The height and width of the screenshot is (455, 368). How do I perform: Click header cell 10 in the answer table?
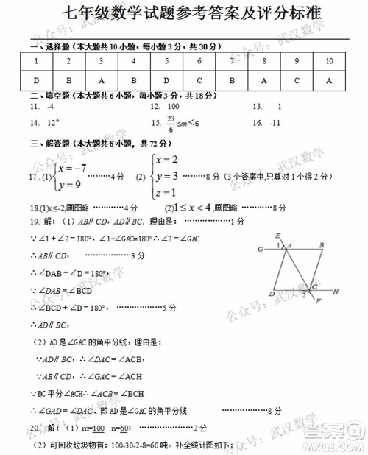[x=328, y=62]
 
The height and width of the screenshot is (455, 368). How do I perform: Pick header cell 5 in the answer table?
[x=166, y=62]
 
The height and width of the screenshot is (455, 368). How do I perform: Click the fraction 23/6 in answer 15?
[x=171, y=123]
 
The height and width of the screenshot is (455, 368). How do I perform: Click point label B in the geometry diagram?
[x=321, y=246]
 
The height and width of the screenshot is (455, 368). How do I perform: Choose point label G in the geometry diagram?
[x=261, y=250]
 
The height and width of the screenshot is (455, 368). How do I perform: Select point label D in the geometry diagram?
[x=272, y=294]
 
